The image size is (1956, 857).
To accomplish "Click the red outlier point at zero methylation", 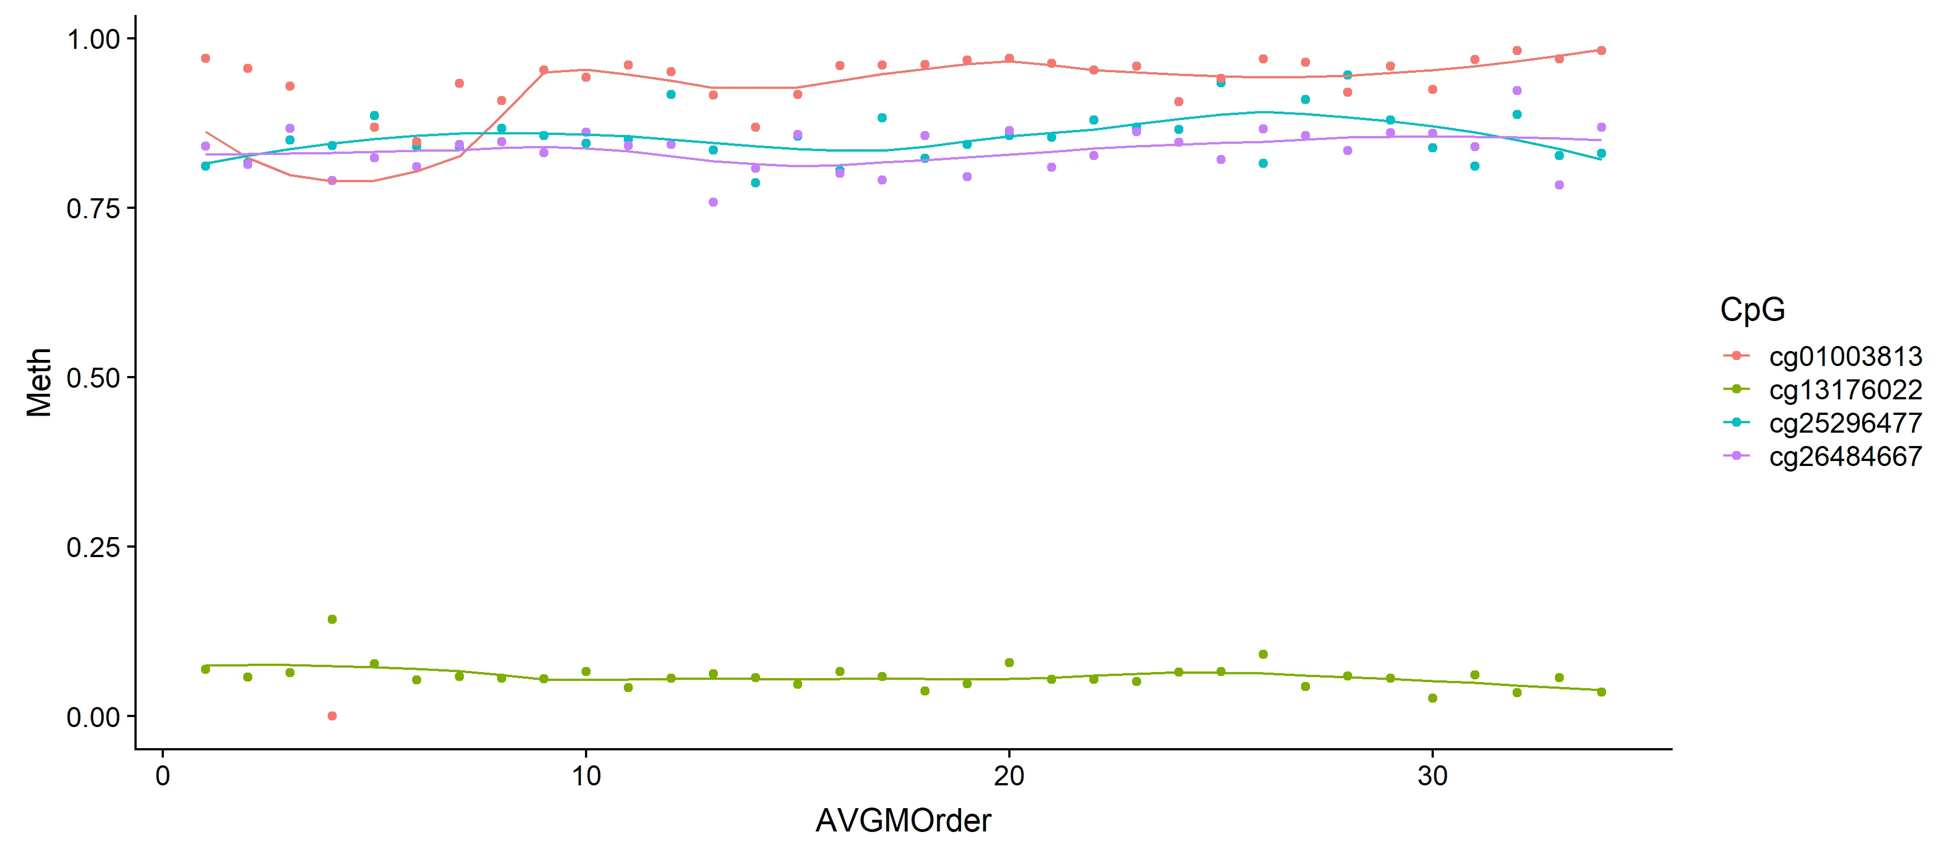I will pos(332,716).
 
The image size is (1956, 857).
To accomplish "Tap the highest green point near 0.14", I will pos(332,619).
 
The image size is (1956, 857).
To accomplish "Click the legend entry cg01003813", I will pos(1845,356).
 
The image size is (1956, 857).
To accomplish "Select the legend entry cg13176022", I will pos(1845,389).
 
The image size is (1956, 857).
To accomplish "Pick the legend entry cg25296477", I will pos(1845,423).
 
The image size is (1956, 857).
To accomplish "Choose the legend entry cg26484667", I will pos(1845,456).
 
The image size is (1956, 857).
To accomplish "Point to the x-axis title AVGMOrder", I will pos(903,820).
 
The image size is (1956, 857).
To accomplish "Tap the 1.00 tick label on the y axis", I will pos(93,39).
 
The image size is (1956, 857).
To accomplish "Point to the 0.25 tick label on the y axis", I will pos(93,547).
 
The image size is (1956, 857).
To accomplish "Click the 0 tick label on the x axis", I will pos(163,776).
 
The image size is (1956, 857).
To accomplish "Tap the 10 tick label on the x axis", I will pos(586,776).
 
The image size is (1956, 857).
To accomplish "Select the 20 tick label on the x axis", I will pos(1009,776).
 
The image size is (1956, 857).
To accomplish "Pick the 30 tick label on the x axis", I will pos(1432,776).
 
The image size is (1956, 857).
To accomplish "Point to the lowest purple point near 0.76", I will pos(713,202).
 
